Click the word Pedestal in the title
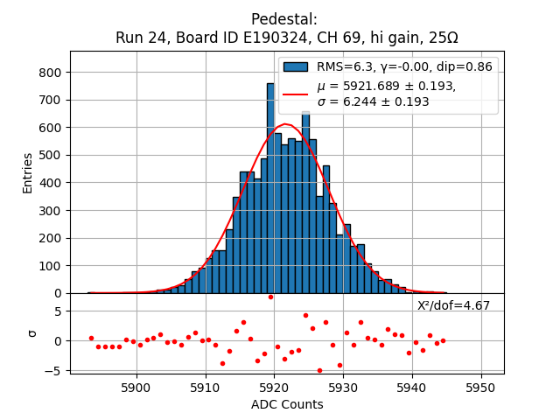click(284, 19)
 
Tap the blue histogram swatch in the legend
click(296, 67)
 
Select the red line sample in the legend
click(296, 94)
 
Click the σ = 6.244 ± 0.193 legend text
click(373, 102)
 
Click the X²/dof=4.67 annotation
click(453, 305)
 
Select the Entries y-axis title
click(28, 172)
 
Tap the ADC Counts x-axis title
click(287, 404)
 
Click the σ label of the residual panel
click(32, 333)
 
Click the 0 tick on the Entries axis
click(59, 293)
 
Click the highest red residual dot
click(270, 297)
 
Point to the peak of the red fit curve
click(285, 124)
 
